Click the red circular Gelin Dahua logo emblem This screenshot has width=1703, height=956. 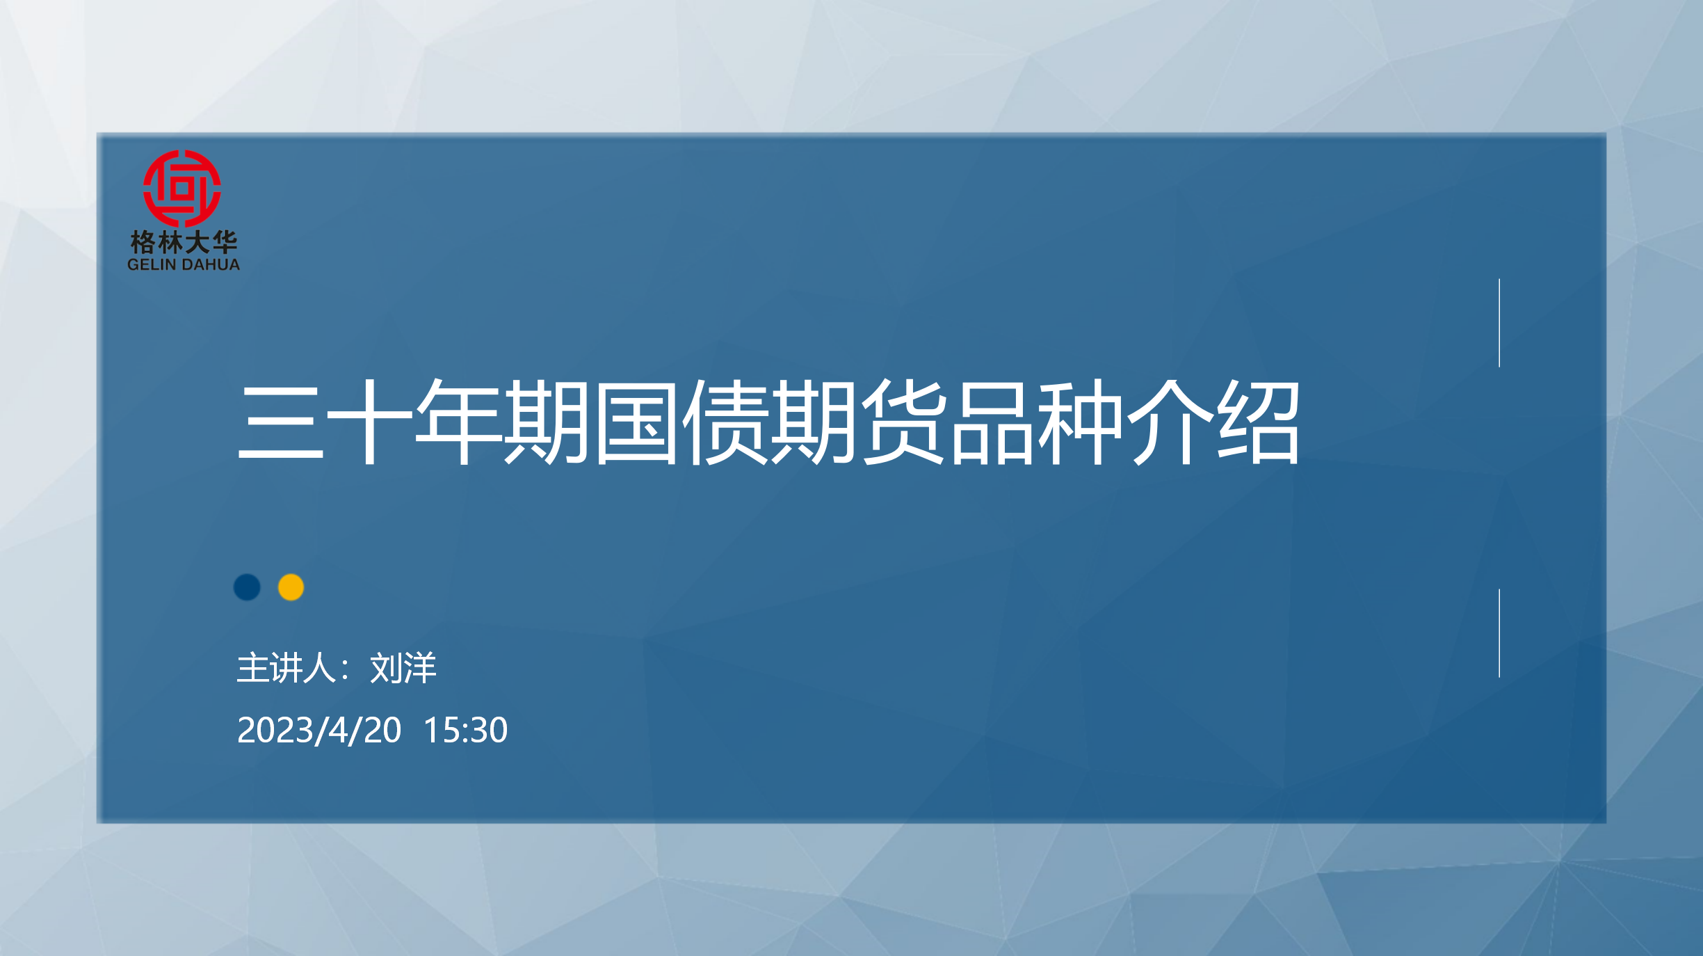point(182,189)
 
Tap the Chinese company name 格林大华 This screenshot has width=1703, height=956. point(184,242)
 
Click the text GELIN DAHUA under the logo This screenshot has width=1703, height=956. point(184,264)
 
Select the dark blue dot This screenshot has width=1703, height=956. point(247,587)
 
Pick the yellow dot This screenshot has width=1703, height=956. point(291,587)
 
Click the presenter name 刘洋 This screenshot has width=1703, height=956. point(403,668)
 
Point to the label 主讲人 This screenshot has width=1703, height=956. point(286,668)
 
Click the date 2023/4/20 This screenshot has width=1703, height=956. point(319,730)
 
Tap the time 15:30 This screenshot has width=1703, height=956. point(465,730)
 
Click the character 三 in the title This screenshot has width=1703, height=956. point(281,422)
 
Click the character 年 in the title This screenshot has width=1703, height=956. point(458,422)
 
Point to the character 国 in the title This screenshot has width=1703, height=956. point(636,422)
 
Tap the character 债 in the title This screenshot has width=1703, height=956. point(725,422)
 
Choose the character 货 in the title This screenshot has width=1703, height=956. point(903,422)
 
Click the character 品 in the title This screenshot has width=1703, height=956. point(992,422)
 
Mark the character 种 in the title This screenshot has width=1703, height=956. point(1081,422)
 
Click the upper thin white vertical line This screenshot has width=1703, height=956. point(1499,323)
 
